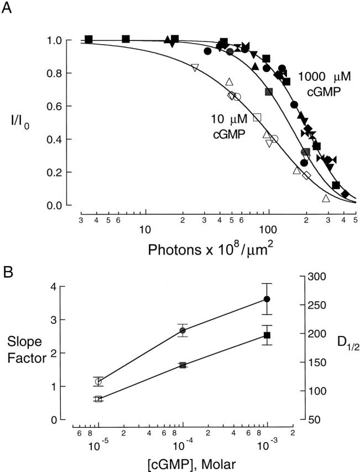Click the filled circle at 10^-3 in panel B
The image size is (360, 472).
[x=267, y=299]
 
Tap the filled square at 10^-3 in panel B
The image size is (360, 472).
[x=267, y=335]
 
